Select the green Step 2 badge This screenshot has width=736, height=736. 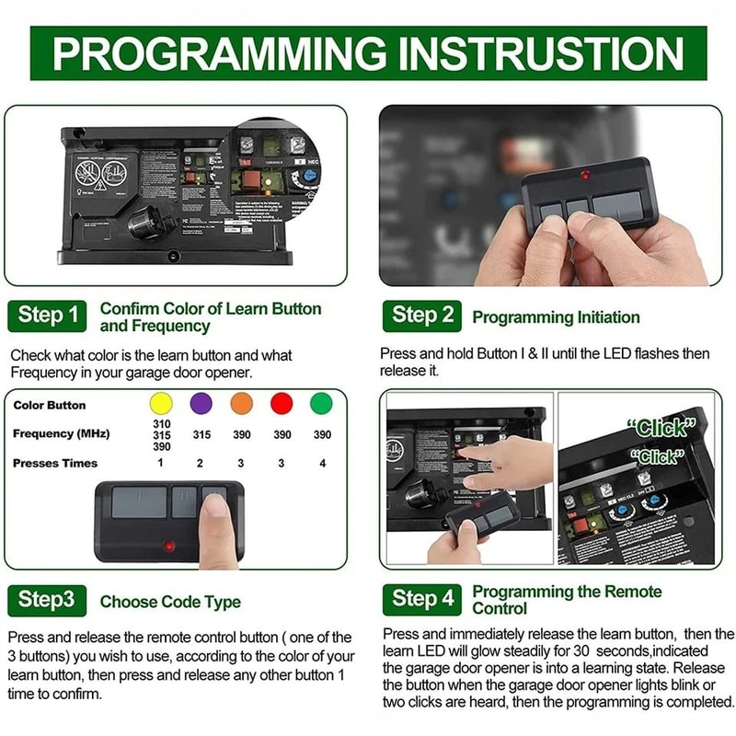click(x=422, y=316)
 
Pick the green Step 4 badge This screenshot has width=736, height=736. click(x=422, y=599)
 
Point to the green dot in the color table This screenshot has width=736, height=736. click(x=322, y=403)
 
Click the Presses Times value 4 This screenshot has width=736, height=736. click(x=322, y=463)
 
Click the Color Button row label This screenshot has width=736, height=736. click(x=50, y=405)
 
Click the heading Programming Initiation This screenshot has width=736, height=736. click(x=556, y=317)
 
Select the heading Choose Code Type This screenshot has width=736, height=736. click(x=170, y=603)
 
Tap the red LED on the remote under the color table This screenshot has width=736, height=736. click(x=168, y=545)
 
